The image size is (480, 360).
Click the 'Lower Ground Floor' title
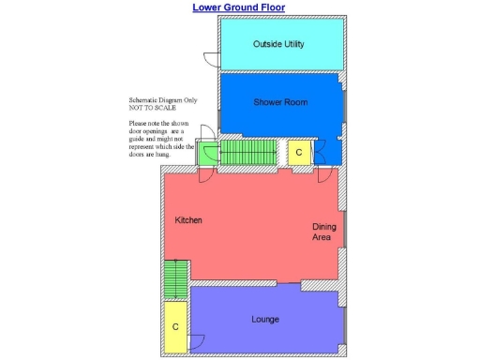239,7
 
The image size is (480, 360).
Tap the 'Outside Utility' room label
278,44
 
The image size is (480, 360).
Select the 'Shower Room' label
280,101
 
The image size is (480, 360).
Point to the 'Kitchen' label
188,220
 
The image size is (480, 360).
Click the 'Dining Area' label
324,232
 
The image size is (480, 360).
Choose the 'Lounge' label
265,320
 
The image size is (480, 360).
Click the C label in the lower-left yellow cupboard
175,327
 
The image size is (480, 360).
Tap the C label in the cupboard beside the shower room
299,151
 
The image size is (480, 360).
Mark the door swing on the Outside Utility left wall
213,59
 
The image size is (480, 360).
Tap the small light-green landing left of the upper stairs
207,152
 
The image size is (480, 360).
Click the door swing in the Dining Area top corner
324,174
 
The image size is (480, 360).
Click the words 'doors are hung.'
154,155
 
